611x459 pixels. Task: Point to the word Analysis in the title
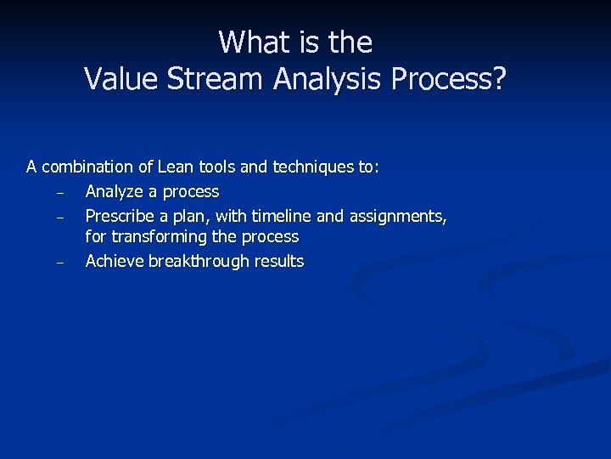pos(328,79)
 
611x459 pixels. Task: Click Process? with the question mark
pos(449,79)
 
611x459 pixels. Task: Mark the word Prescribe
pos(120,217)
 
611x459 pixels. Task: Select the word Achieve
pos(115,261)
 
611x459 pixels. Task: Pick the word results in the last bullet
pos(276,261)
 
